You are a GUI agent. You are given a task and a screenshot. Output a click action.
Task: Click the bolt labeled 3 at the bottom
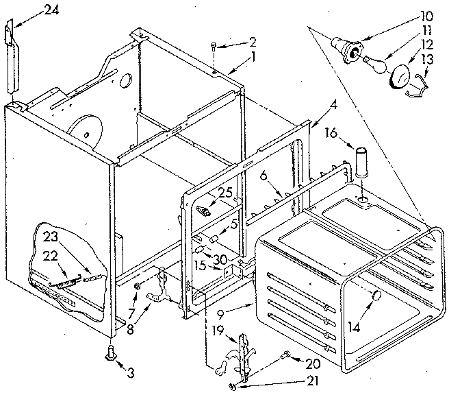[x=109, y=354]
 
